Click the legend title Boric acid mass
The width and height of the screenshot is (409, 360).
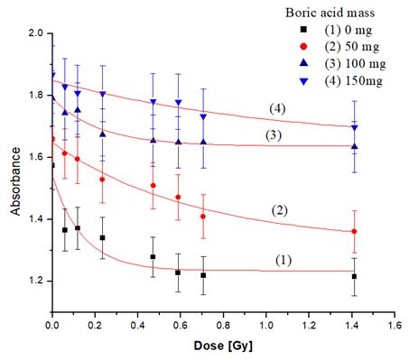tap(330, 13)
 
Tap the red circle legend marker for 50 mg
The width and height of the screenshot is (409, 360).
tap(304, 47)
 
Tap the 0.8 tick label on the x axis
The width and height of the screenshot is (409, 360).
tap(223, 325)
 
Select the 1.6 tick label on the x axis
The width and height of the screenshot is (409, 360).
tap(395, 325)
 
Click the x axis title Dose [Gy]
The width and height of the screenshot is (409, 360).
tap(223, 346)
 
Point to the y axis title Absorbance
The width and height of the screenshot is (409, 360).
tap(15, 181)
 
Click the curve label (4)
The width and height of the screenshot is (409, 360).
tap(277, 109)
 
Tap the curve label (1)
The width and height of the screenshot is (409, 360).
tap(284, 260)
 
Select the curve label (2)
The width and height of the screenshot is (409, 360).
tap(280, 210)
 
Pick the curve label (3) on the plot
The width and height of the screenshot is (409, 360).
tap(274, 135)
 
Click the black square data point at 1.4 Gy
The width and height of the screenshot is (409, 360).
tap(354, 276)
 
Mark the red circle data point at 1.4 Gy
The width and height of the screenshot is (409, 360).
tap(354, 231)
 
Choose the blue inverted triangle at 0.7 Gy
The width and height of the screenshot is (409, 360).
tap(203, 116)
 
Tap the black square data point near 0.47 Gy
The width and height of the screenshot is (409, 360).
tap(153, 257)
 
